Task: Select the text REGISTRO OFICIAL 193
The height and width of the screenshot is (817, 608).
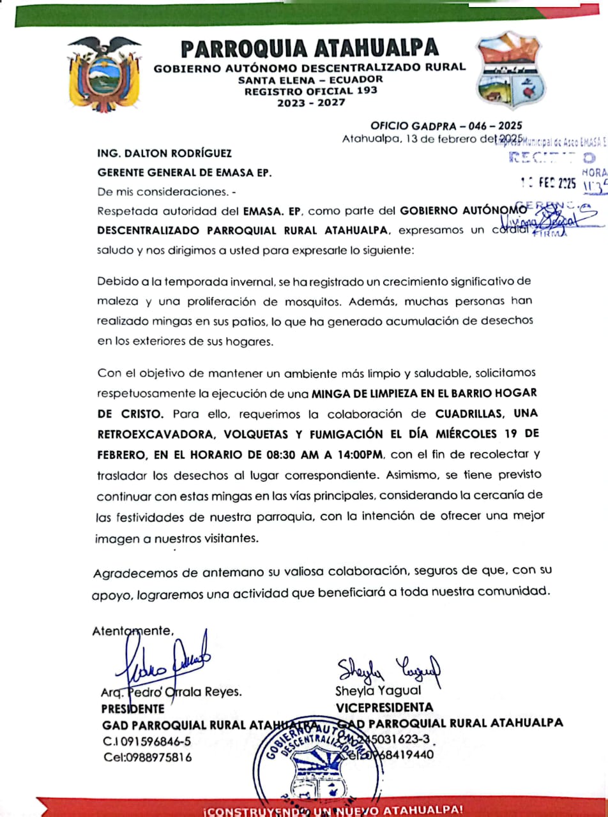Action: (x=310, y=91)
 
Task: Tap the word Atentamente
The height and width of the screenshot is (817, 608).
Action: (x=133, y=631)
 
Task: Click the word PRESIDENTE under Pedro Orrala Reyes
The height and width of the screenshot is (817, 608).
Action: (x=132, y=708)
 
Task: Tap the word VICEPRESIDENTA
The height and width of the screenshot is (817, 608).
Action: (x=384, y=707)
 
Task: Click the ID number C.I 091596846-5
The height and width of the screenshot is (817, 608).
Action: (x=147, y=741)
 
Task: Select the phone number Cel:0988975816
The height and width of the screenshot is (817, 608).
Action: (x=148, y=757)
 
